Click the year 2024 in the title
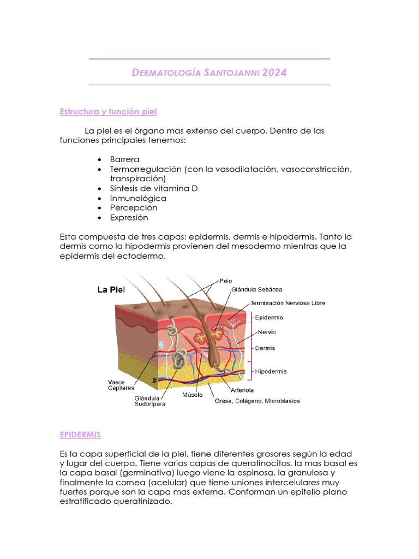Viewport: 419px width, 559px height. (x=274, y=72)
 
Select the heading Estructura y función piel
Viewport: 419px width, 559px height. (x=108, y=112)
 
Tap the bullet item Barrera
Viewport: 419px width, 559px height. (x=124, y=159)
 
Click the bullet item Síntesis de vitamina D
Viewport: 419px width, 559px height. (x=153, y=188)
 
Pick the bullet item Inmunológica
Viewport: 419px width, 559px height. (x=138, y=198)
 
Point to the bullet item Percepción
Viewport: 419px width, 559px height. (x=133, y=207)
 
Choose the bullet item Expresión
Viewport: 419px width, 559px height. (x=129, y=217)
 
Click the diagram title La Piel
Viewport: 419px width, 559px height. (x=111, y=290)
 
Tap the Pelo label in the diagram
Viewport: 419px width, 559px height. (x=226, y=281)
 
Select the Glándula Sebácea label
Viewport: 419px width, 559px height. (x=256, y=289)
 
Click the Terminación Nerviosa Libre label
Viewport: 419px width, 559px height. (x=288, y=303)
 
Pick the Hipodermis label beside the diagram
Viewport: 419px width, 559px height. (x=271, y=371)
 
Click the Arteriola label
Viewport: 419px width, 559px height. (x=242, y=390)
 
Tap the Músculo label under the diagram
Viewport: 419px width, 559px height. (x=193, y=394)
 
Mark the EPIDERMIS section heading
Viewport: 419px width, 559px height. (x=80, y=435)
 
